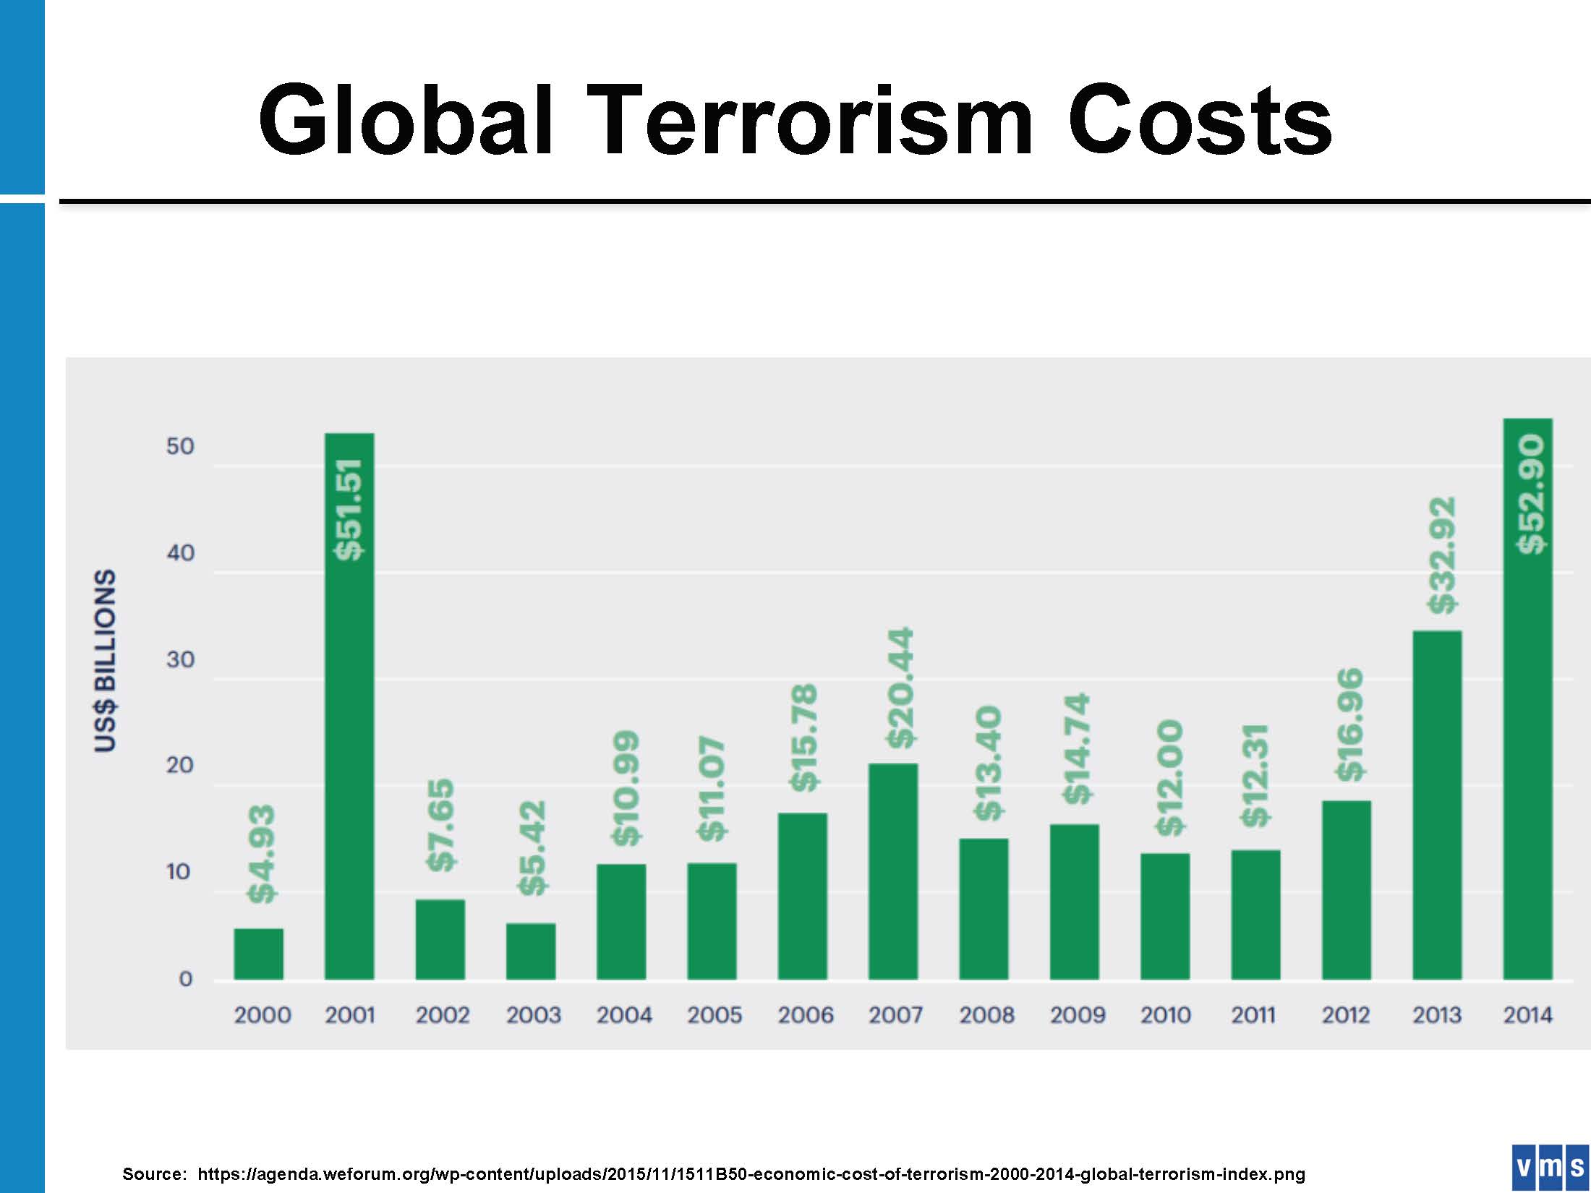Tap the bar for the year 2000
pos(259,954)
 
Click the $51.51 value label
pos(349,509)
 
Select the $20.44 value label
pos(901,688)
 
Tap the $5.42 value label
pos(532,847)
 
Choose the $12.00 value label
pos(1169,777)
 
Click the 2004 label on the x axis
pos(624,1015)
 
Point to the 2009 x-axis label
pos(1078,1015)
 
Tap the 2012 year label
pos(1346,1015)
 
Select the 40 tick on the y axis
pos(181,553)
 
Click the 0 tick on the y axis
pos(186,979)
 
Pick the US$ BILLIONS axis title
pos(106,660)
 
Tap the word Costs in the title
pos(1199,120)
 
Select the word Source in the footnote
pos(154,1173)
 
